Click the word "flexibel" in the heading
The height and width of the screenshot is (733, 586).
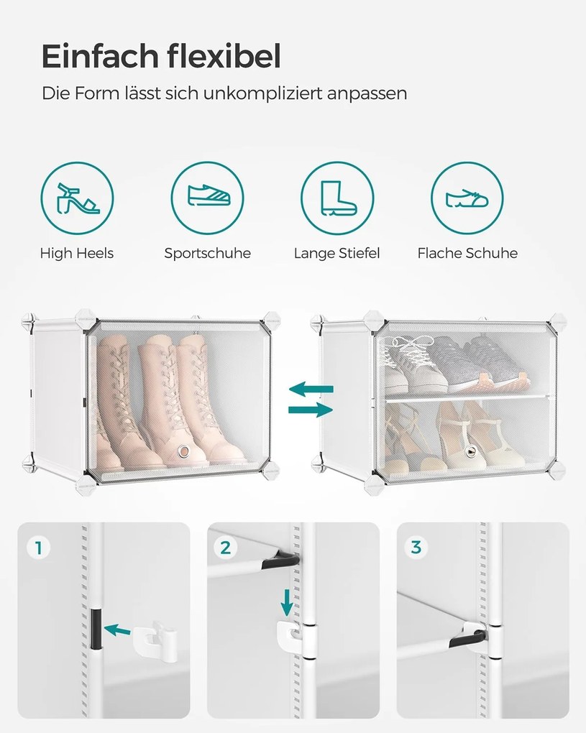point(224,56)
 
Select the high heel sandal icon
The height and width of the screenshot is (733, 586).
point(77,198)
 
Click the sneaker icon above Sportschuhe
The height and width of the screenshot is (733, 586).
point(209,195)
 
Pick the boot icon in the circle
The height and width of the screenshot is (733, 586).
point(338,198)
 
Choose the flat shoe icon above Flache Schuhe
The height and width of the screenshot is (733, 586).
point(467,198)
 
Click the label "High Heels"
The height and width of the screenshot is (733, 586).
point(77,254)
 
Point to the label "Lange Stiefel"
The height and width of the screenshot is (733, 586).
point(337,254)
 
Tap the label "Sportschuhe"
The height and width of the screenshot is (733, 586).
point(207,254)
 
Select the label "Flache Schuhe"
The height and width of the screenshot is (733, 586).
point(467,254)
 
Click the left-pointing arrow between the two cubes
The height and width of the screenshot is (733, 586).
point(311,389)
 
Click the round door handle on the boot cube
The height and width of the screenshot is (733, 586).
point(183,451)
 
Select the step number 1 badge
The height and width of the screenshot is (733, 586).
point(39,548)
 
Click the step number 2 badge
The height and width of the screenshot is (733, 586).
point(226,548)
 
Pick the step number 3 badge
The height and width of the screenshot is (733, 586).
point(416,548)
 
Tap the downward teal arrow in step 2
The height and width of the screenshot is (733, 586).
point(287,603)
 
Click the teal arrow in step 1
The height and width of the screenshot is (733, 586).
point(117,630)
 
